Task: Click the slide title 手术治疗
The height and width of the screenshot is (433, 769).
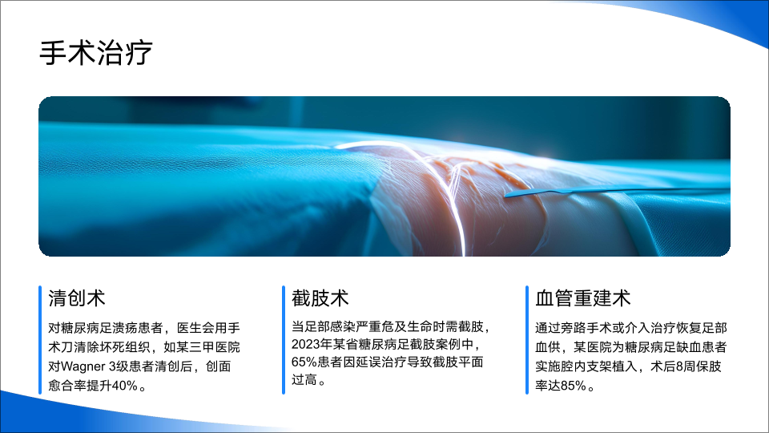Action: [x=96, y=53]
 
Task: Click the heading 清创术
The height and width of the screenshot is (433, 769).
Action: [x=77, y=298]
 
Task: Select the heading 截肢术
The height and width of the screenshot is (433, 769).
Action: [x=320, y=298]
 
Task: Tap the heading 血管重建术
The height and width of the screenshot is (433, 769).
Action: [x=582, y=298]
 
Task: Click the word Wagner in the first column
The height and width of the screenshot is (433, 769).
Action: [x=83, y=366]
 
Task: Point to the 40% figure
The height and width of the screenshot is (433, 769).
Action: [x=125, y=386]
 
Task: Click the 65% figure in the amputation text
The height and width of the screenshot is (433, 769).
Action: [x=304, y=362]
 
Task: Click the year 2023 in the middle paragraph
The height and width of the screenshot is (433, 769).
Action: [x=304, y=344]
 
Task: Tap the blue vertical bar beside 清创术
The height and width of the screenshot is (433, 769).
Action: [x=40, y=340]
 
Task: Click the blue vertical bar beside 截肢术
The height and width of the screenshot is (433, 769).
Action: [x=284, y=340]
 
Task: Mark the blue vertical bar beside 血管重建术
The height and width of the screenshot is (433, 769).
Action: [x=527, y=340]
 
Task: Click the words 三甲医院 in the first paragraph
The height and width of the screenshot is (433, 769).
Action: [x=221, y=347]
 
